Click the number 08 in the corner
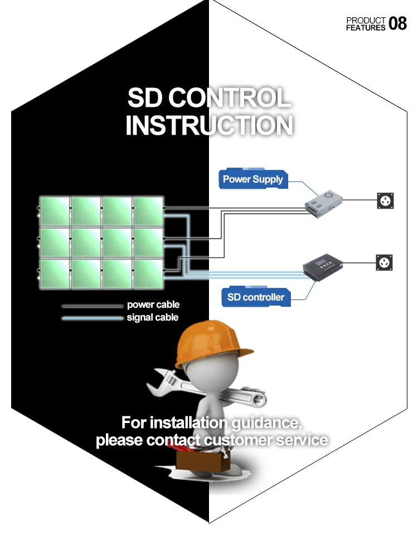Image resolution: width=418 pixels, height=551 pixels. (x=397, y=23)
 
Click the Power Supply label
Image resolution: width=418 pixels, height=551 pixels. (x=252, y=179)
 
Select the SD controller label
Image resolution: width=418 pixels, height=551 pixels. (x=256, y=297)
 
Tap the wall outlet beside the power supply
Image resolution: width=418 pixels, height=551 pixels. (x=385, y=199)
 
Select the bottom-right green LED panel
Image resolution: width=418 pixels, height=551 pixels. (x=149, y=274)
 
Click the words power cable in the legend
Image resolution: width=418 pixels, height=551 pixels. (x=153, y=305)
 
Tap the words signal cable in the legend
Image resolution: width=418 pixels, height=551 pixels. (x=153, y=317)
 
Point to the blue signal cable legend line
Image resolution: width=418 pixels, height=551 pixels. (x=92, y=318)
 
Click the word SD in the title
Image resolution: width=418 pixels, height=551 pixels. (x=145, y=99)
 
